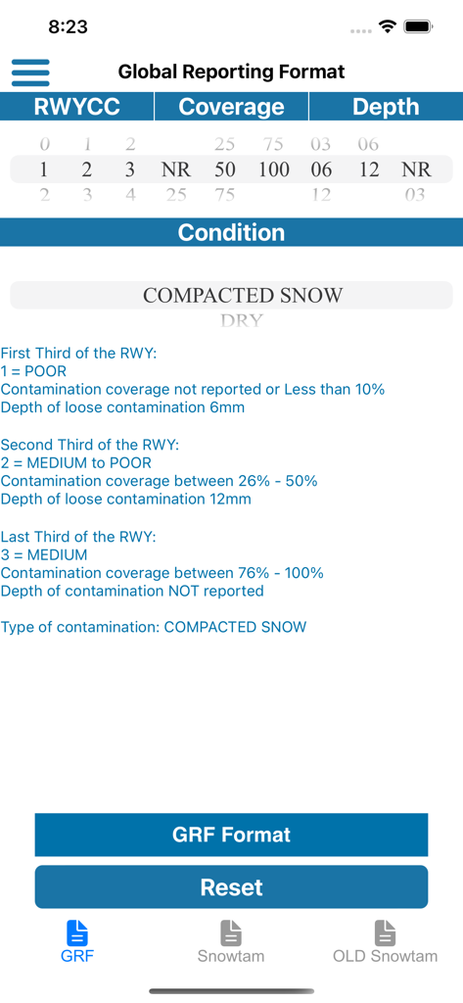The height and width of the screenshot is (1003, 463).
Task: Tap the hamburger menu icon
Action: [30, 72]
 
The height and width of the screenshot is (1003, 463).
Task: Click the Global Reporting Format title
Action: [231, 72]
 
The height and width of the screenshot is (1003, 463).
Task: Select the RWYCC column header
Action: [77, 107]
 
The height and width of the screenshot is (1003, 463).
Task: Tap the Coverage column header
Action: [231, 107]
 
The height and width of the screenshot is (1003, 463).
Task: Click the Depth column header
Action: [386, 107]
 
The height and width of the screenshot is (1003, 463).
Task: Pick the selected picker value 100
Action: [274, 169]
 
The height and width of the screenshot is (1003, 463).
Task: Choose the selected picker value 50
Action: [225, 169]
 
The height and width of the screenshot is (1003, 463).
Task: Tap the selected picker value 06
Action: [321, 169]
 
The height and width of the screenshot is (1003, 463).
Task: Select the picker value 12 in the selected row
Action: [369, 169]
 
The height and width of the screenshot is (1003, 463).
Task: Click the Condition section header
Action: [231, 232]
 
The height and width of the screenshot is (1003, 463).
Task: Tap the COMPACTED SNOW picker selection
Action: [243, 295]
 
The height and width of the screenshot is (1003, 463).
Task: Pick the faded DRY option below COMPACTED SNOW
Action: [241, 320]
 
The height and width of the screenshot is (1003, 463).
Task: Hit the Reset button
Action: [231, 887]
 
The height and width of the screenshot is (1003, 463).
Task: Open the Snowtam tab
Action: [231, 941]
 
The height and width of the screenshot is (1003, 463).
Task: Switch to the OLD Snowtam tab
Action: [385, 941]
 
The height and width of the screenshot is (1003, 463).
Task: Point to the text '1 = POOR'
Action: [33, 371]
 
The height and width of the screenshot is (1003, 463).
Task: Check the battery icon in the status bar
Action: [419, 27]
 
